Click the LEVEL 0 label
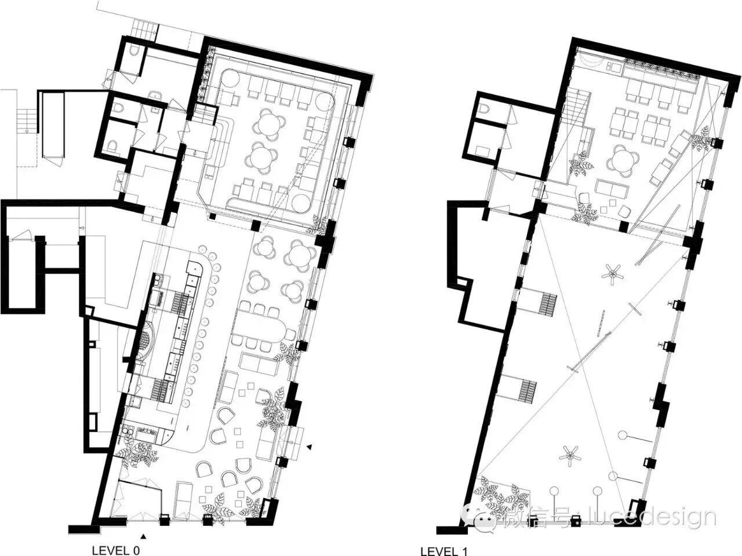pyautogui.click(x=116, y=551)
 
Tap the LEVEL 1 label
pyautogui.click(x=444, y=551)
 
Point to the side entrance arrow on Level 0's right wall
pyautogui.click(x=309, y=447)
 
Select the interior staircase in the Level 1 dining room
pyautogui.click(x=577, y=108)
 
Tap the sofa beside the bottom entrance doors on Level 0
pyautogui.click(x=183, y=499)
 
